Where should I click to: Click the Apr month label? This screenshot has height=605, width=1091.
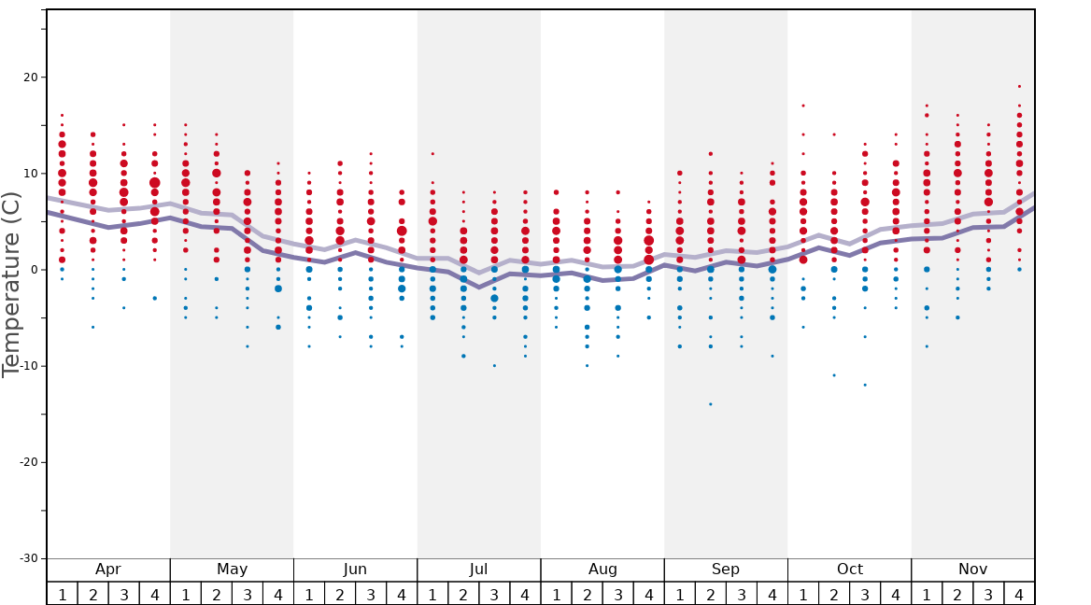point(108,570)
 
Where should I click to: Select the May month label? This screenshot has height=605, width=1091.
point(232,570)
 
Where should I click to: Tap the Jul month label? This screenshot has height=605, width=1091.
point(479,570)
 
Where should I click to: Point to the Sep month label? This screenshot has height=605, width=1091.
point(726,570)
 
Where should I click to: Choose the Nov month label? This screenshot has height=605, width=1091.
point(972,570)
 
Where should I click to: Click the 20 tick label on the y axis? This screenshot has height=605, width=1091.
point(28,77)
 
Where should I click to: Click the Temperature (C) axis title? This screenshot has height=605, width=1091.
point(11,284)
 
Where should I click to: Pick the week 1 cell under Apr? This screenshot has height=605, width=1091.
point(63,594)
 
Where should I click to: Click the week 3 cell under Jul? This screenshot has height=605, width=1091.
point(494,594)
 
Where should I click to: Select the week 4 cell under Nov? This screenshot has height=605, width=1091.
point(1019,594)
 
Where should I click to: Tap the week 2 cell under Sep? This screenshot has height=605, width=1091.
point(710,594)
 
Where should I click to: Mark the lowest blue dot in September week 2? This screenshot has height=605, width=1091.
point(710,404)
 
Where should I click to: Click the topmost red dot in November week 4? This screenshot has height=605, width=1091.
point(1019,87)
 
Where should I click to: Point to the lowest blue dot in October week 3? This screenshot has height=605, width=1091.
point(865,385)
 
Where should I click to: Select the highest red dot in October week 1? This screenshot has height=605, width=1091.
point(802,106)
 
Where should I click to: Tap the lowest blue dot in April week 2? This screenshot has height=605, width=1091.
point(92,327)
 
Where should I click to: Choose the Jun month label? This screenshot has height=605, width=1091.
point(355,570)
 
